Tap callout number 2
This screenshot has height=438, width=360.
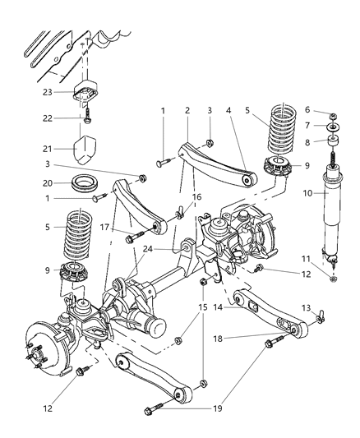tap(187, 109)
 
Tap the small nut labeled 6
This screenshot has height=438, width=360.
tap(333, 113)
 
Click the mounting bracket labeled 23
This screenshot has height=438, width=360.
tap(85, 93)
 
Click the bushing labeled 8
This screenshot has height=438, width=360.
tap(333, 141)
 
